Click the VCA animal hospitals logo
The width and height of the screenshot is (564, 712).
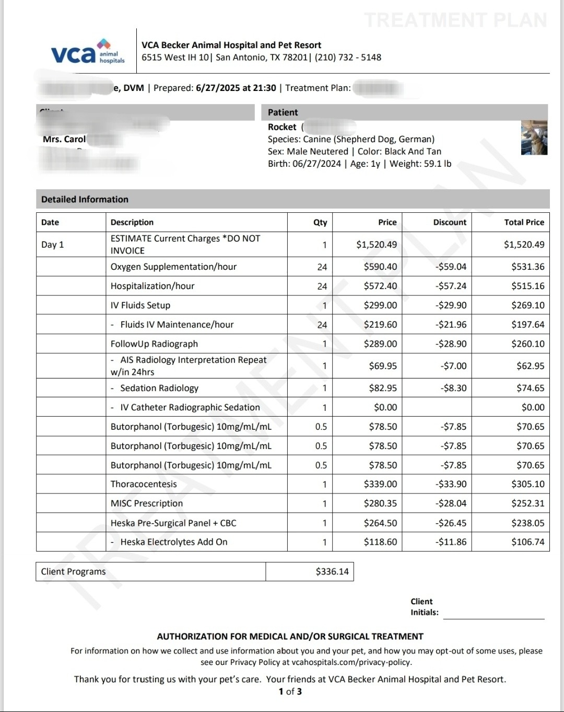pos(88,53)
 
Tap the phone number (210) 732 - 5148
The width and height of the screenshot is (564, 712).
pos(348,58)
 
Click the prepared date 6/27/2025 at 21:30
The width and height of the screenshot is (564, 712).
pos(236,88)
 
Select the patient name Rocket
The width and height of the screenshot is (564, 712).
pos(282,127)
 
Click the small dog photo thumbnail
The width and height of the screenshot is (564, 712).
pos(534,137)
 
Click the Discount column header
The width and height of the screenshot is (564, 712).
pos(450,222)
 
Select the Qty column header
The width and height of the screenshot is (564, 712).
pos(320,222)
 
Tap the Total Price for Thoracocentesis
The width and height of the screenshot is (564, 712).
pos(527,484)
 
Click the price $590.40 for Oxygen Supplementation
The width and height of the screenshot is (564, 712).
pos(380,267)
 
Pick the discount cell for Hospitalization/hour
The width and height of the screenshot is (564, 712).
pos(451,286)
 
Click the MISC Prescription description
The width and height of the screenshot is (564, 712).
pos(147,503)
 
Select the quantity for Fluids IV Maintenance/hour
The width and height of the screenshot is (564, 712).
pos(322,325)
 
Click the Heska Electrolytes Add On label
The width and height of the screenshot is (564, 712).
pos(174,542)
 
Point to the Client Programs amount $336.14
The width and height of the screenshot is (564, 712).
pos(332,571)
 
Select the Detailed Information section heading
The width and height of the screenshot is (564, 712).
pos(85,199)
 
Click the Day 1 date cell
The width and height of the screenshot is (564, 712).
pos(52,245)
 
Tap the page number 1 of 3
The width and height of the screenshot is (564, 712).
pos(290,692)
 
